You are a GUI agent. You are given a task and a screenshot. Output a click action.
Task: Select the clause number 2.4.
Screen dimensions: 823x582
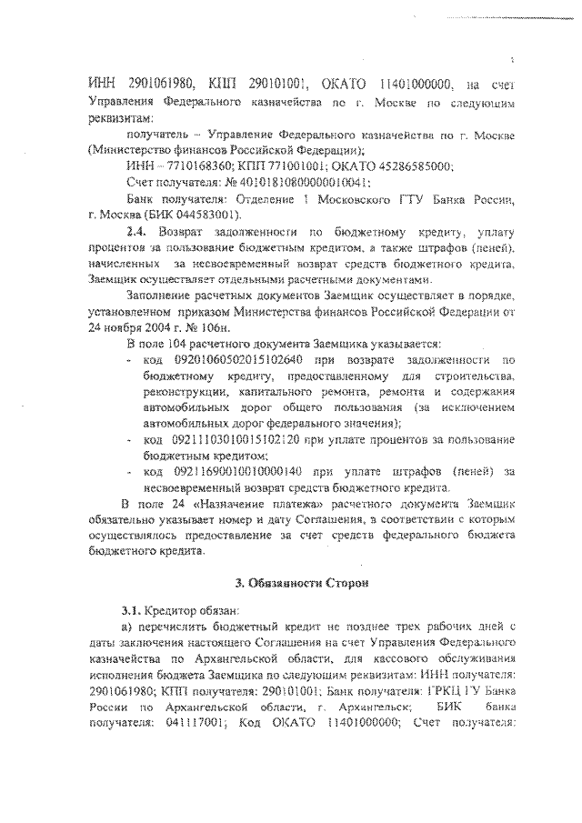pos(135,233)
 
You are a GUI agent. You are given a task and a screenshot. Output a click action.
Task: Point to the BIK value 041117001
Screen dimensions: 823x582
pos(184,724)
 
